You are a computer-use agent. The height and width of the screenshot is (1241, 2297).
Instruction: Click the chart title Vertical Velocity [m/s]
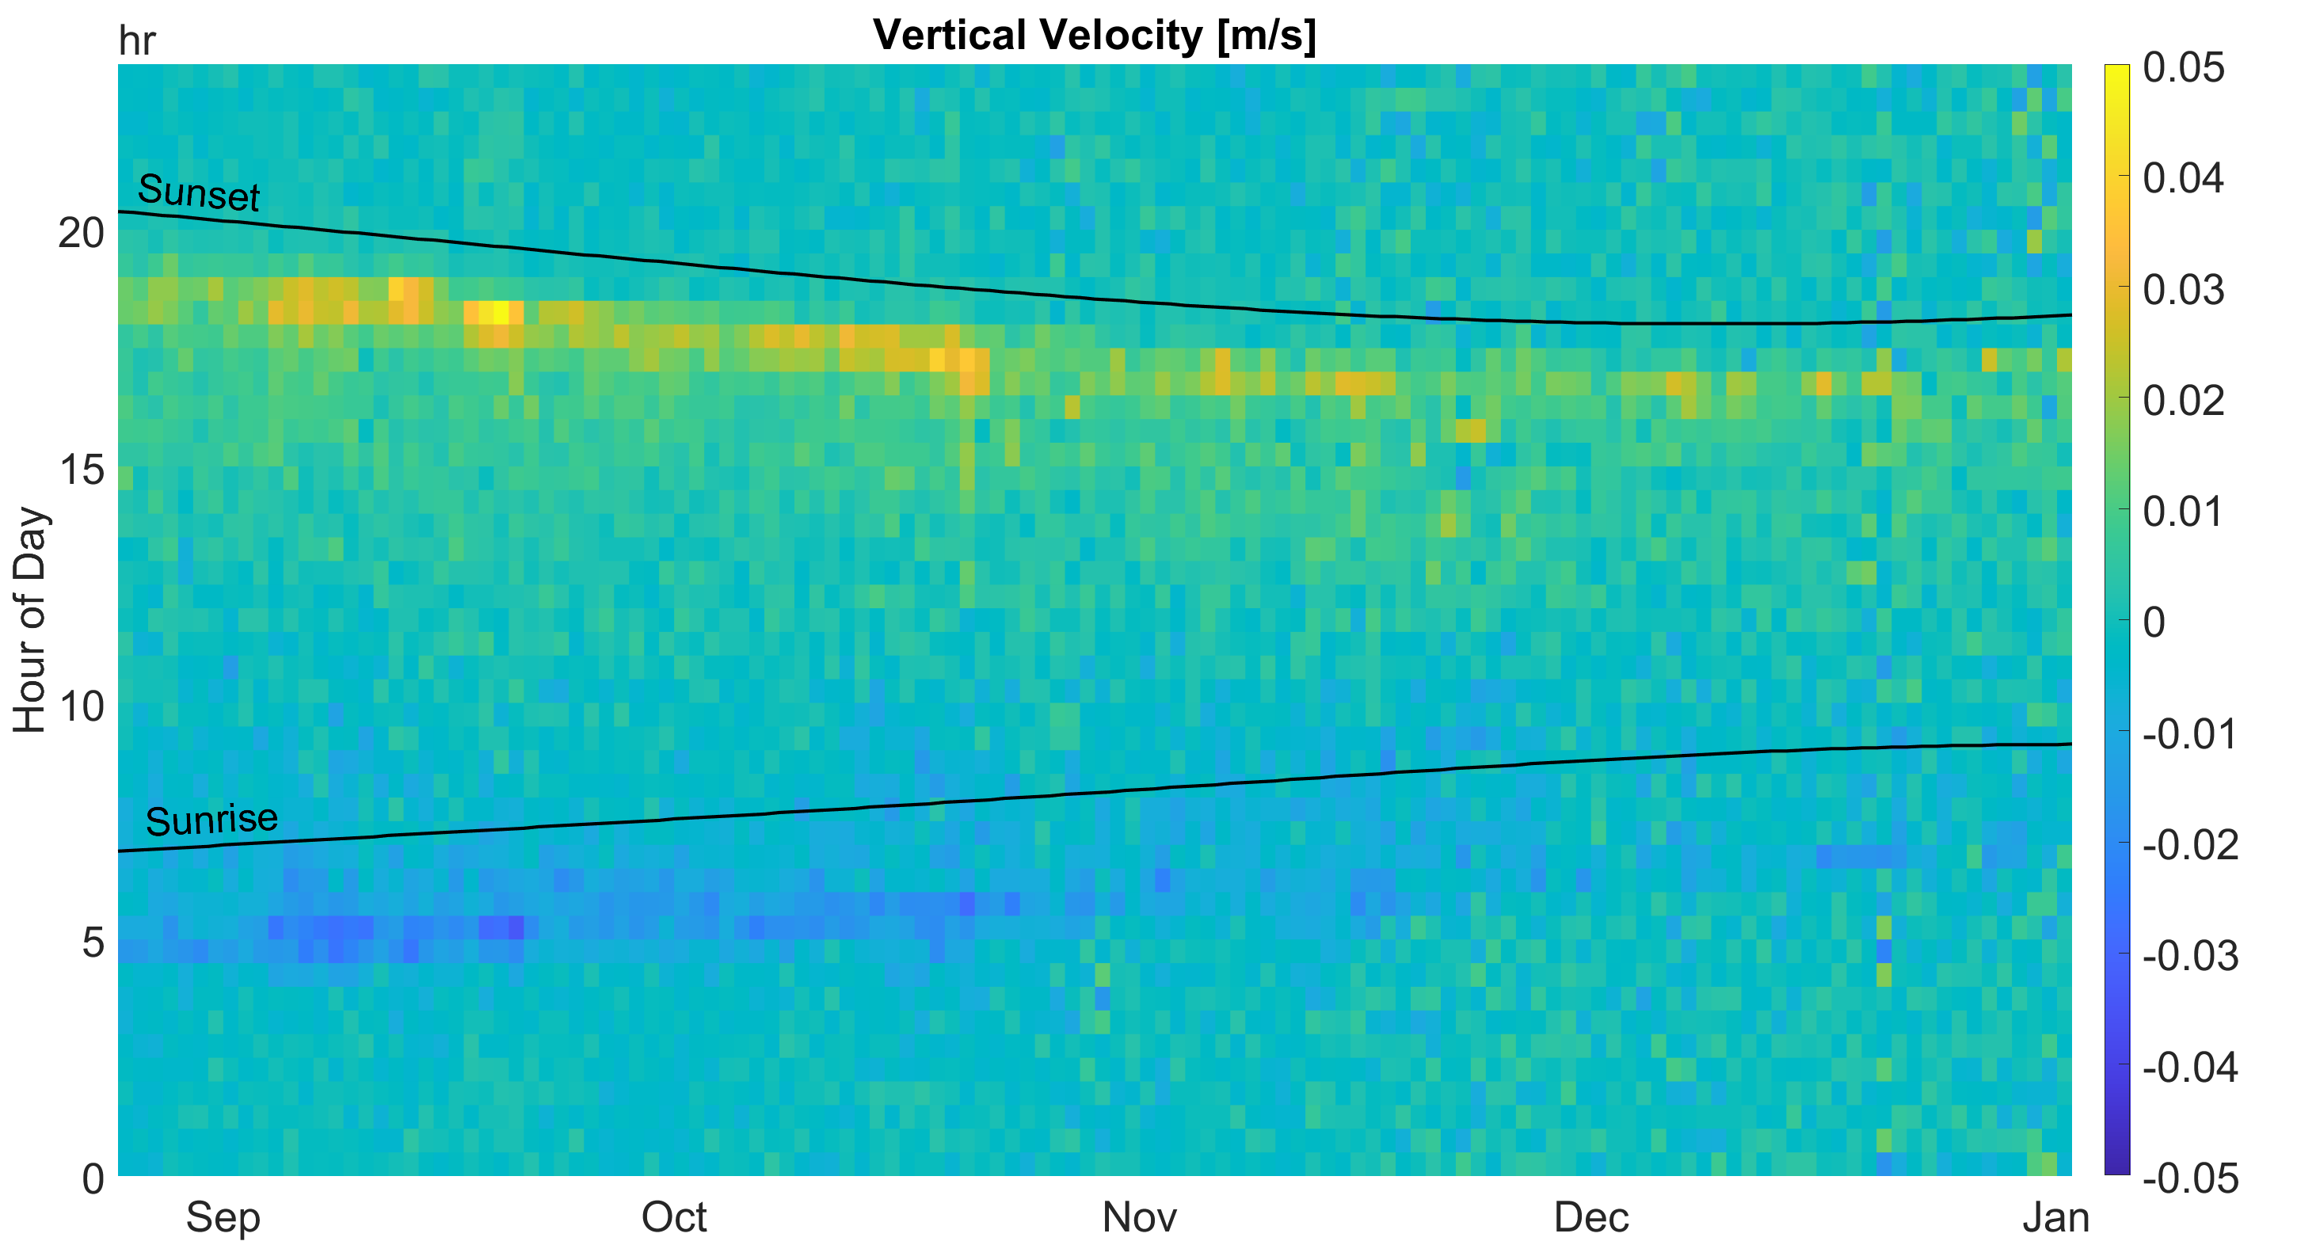point(1094,36)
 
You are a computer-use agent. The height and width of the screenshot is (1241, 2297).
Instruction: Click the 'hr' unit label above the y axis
point(136,42)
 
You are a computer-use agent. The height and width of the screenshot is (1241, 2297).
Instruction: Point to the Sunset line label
point(199,192)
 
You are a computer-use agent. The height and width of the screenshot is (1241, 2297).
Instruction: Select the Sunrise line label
point(211,820)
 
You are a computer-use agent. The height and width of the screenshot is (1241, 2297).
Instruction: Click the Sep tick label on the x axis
point(223,1217)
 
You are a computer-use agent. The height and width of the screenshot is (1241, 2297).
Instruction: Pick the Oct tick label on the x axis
point(674,1217)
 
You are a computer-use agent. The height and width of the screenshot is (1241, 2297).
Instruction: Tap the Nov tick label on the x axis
point(1139,1217)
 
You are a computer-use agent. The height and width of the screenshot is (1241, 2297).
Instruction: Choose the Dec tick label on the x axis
point(1592,1217)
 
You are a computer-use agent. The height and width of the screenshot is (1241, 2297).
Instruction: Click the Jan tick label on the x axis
point(2055,1217)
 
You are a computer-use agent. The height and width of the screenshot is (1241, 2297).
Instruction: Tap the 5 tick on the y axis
point(93,942)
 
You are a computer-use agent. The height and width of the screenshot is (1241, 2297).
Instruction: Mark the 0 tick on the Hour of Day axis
point(93,1179)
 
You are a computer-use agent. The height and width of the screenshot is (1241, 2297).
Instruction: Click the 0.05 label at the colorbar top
point(2184,68)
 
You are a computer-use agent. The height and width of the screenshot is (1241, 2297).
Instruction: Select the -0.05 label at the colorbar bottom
point(2190,1178)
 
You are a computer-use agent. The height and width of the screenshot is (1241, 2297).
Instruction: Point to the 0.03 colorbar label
point(2184,290)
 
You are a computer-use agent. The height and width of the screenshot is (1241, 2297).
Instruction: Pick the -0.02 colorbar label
point(2190,844)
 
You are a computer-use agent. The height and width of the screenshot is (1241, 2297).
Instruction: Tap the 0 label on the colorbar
point(2154,622)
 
